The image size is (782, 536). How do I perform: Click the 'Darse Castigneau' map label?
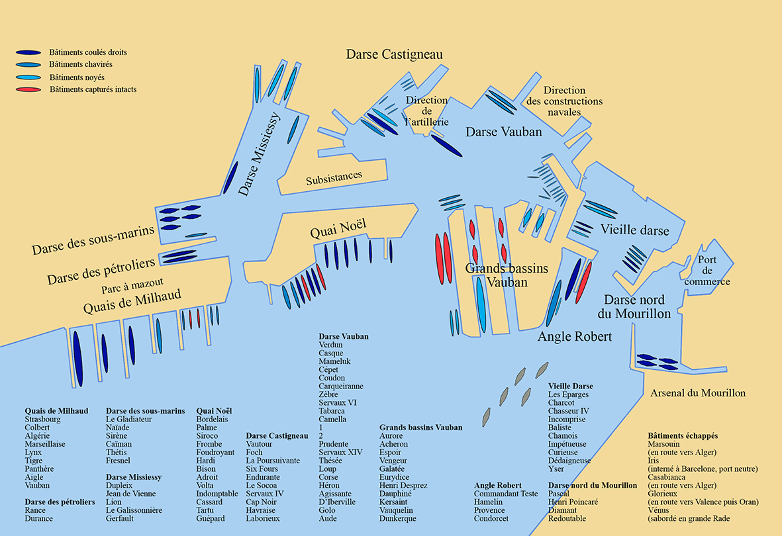click(394, 54)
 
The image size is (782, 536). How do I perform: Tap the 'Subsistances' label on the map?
click(334, 177)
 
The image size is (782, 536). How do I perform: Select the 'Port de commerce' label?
click(707, 271)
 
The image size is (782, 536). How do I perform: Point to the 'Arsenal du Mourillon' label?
click(698, 393)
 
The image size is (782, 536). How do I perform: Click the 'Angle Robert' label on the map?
click(575, 337)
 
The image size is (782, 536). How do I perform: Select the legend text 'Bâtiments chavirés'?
click(81, 65)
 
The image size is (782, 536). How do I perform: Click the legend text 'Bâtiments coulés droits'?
click(88, 52)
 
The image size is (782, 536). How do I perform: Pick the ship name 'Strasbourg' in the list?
click(42, 420)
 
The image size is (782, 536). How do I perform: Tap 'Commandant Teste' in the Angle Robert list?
click(506, 494)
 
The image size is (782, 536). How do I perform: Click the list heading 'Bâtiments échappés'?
click(682, 436)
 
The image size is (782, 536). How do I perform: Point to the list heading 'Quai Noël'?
click(214, 411)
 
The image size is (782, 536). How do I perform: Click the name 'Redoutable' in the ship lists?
click(567, 519)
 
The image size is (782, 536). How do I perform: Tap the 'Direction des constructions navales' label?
click(565, 101)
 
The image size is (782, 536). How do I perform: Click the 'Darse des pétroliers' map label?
click(101, 271)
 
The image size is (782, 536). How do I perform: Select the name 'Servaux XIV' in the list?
click(340, 452)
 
